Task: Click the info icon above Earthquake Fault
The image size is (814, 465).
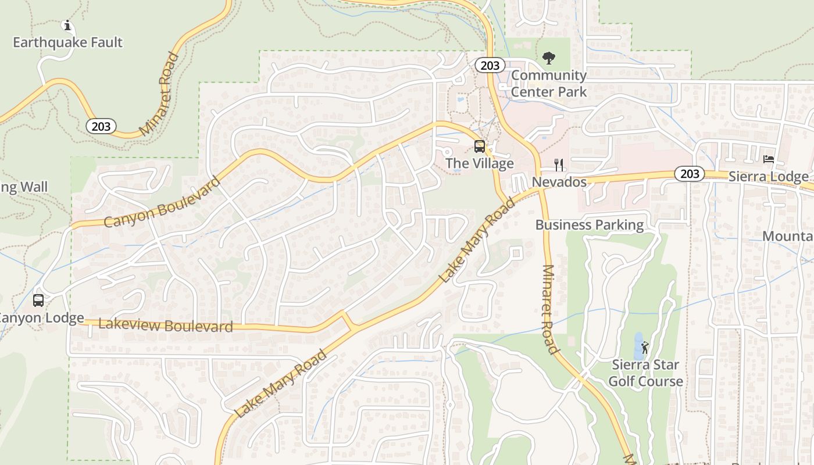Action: [x=67, y=26]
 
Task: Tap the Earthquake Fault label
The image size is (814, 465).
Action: [x=67, y=42]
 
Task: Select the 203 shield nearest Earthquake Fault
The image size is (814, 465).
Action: [x=101, y=126]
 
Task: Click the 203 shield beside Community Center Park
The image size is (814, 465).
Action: [x=490, y=65]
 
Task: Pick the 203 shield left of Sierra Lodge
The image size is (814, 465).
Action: [x=690, y=173]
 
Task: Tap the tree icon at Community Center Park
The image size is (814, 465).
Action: [x=548, y=58]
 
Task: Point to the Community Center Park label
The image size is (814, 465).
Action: [x=549, y=83]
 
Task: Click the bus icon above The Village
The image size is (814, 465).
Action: [x=480, y=146]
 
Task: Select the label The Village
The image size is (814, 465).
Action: [x=480, y=163]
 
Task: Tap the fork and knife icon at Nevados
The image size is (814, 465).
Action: [x=559, y=165]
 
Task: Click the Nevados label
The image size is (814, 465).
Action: [x=559, y=182]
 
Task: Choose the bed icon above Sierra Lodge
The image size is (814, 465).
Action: [x=769, y=159]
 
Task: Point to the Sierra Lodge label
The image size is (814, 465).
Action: [x=768, y=177]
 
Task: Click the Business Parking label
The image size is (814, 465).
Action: [x=590, y=225]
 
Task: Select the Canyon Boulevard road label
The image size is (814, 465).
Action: [x=162, y=202]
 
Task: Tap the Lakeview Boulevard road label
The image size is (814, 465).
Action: [x=166, y=325]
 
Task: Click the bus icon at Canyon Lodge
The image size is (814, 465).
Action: [x=38, y=301]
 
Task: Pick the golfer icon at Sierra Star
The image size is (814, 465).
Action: [x=645, y=348]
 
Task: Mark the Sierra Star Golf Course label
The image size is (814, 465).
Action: [x=645, y=373]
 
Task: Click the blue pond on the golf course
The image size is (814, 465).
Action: [x=638, y=346]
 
